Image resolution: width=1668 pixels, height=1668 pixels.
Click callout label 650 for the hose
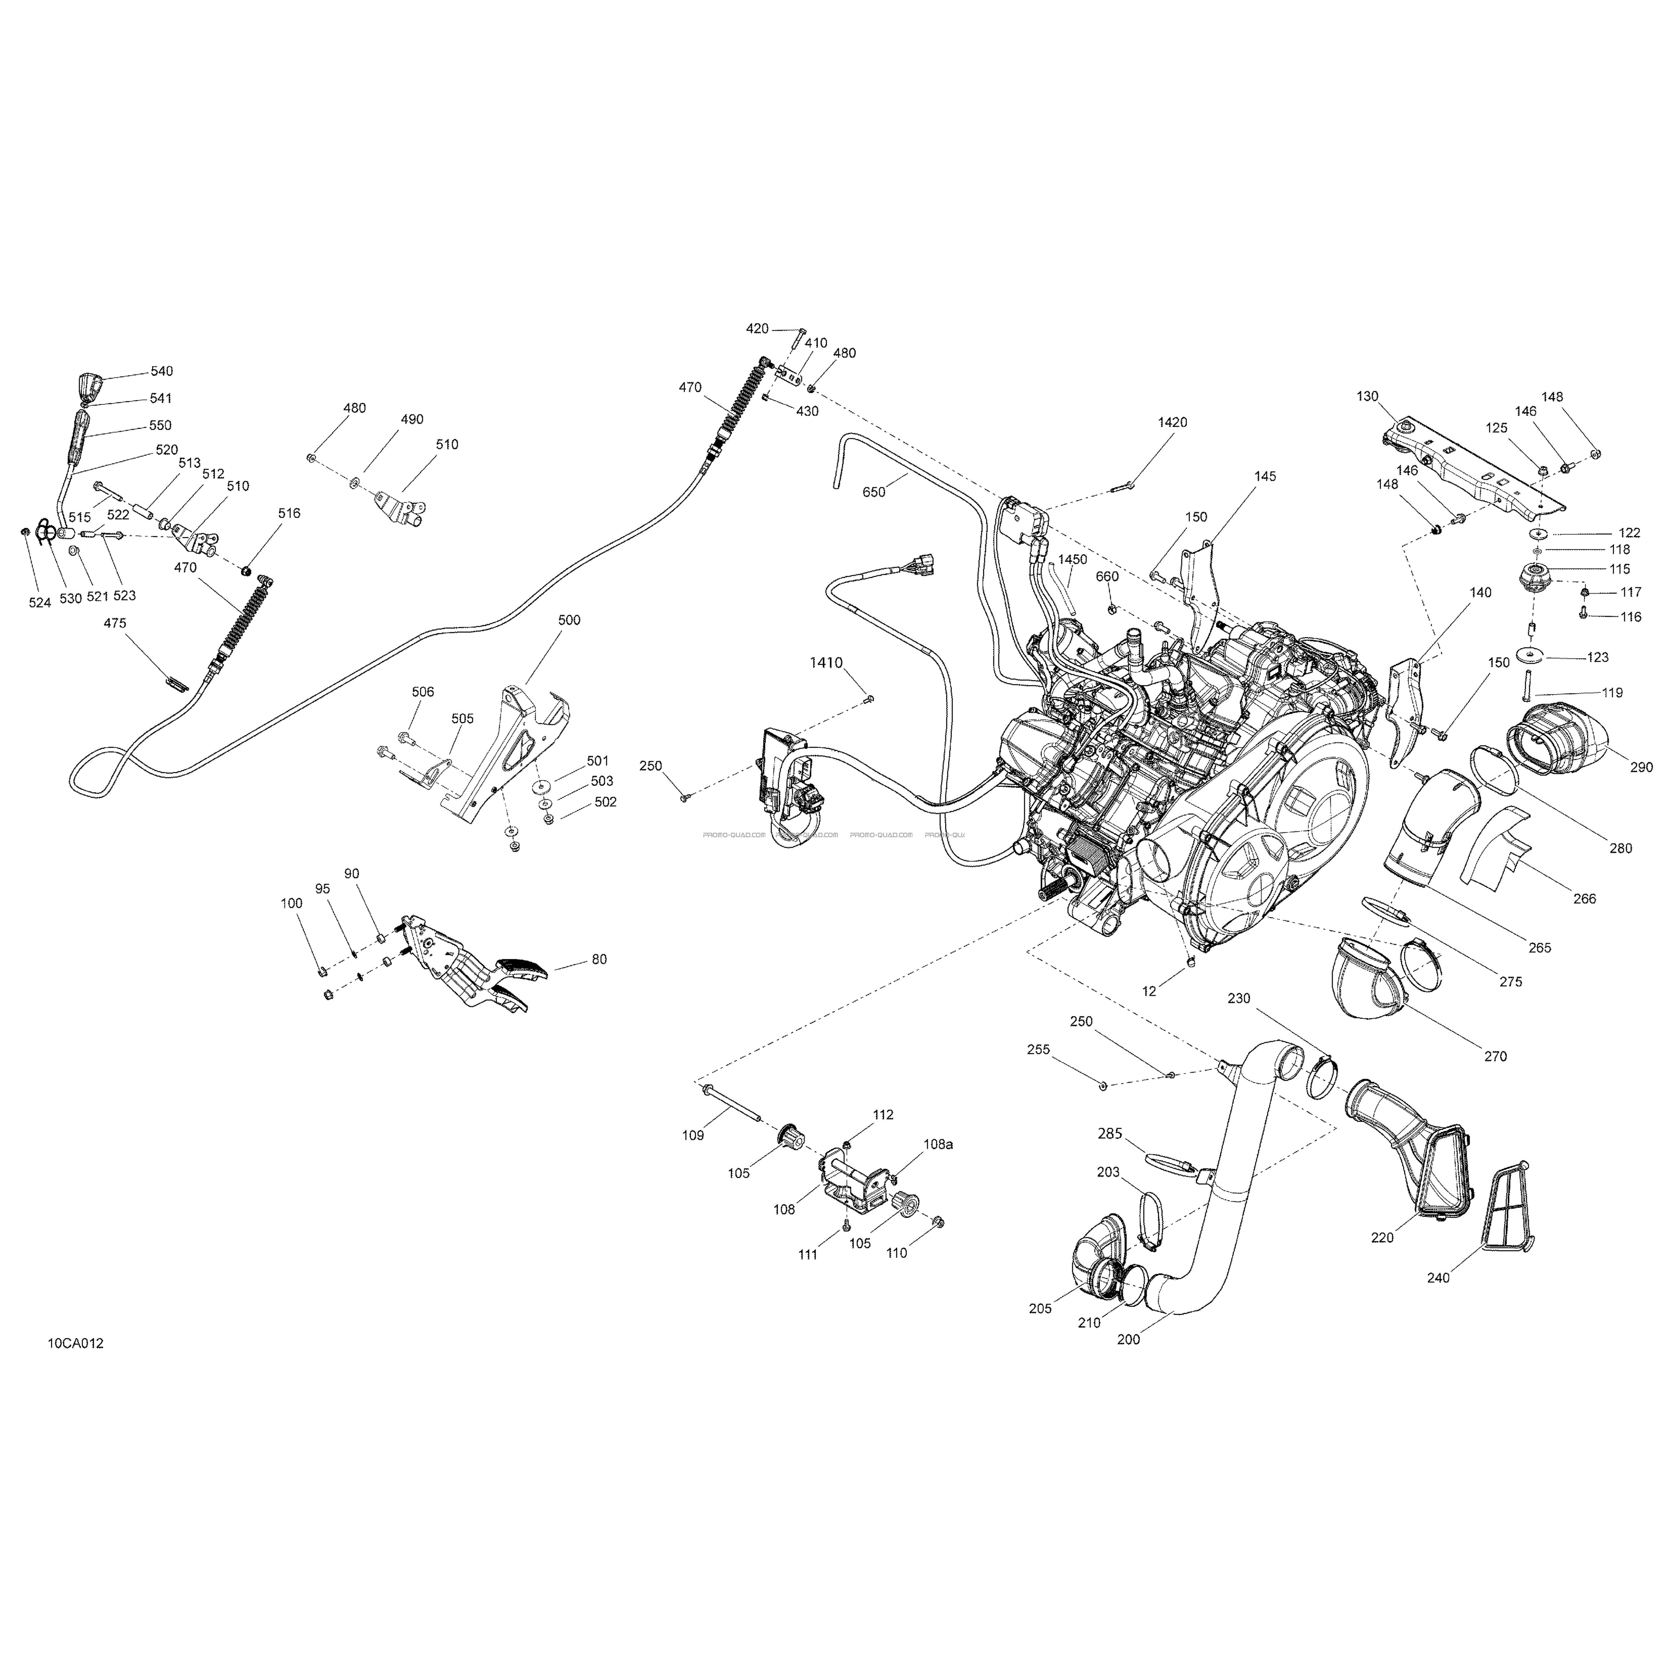(874, 492)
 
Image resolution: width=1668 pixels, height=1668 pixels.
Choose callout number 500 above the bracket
(569, 620)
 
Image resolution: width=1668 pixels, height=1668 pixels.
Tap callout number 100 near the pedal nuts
(292, 903)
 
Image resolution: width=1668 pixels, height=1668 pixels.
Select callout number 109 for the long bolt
(693, 1135)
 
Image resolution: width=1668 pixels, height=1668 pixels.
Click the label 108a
(939, 1144)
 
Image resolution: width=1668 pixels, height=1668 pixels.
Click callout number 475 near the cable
(115, 623)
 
